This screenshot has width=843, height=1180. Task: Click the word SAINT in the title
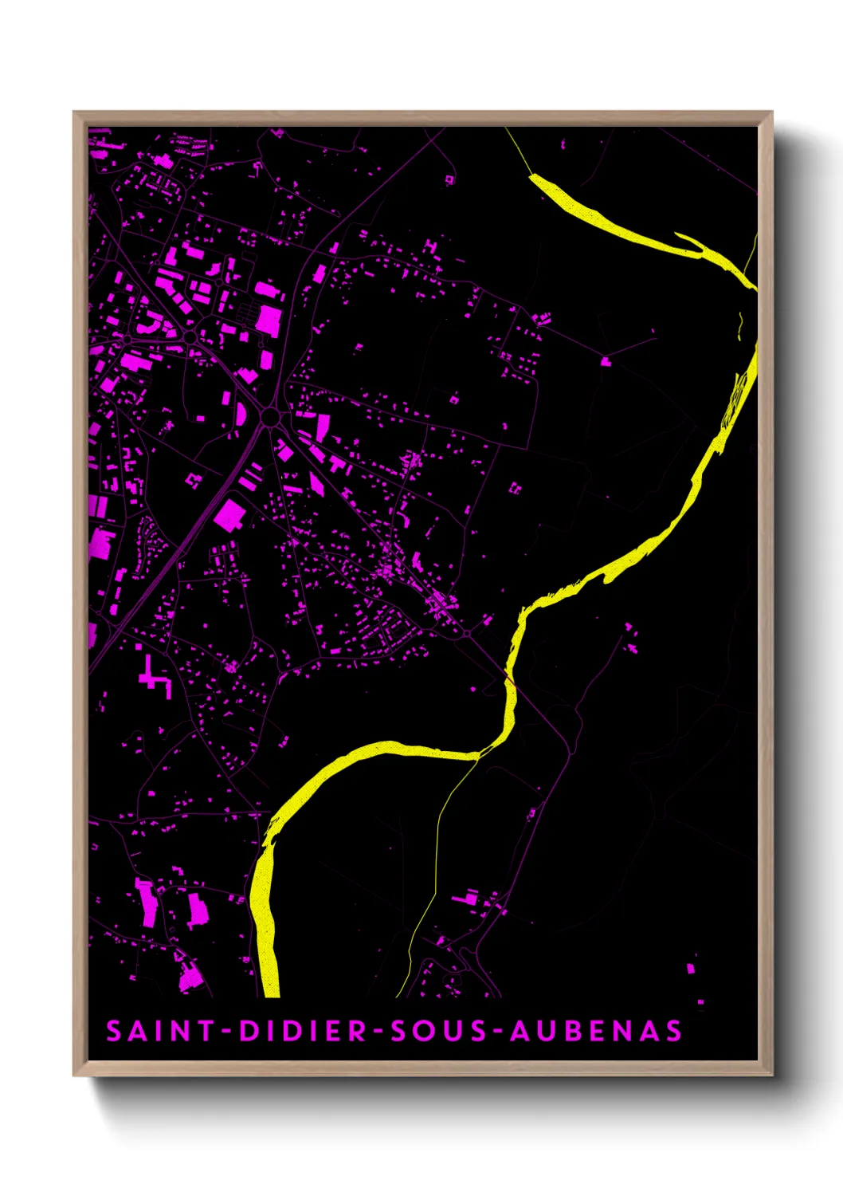tap(150, 1031)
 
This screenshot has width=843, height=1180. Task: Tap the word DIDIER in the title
tap(302, 1031)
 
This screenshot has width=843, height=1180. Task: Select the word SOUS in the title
tap(437, 1031)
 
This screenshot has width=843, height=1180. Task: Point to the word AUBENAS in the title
tap(596, 1031)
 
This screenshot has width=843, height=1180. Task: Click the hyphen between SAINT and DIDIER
tap(226, 1032)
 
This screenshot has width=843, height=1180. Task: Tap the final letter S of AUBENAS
tap(674, 1031)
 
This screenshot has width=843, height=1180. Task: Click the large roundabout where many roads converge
tap(269, 417)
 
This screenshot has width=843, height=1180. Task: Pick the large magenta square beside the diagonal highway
tap(229, 515)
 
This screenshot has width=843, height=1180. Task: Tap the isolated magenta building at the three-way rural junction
tap(605, 361)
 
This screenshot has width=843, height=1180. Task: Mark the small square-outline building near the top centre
tap(449, 179)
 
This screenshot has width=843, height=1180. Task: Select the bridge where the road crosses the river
tap(508, 678)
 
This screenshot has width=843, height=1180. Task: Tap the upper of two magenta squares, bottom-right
tap(690, 968)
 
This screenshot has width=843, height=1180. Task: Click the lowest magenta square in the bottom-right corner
tap(700, 1001)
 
